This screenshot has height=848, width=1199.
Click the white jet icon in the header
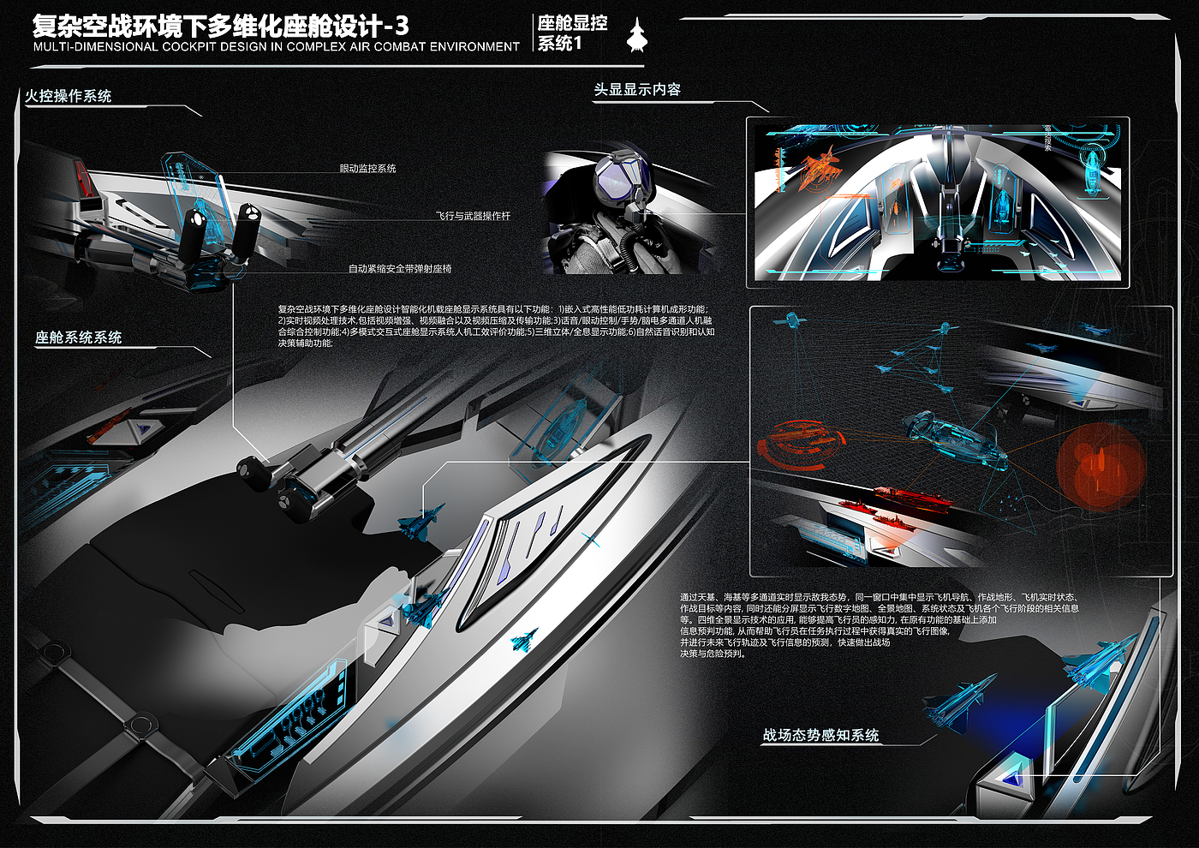tap(636, 35)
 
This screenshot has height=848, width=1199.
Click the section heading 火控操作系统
tap(69, 96)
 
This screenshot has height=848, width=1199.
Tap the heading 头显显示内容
tap(637, 89)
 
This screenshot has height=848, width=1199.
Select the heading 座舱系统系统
tap(78, 337)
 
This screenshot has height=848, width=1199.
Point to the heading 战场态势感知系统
tap(820, 735)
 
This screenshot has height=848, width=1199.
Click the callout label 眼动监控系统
tap(367, 169)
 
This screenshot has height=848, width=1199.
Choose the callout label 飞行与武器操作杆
tap(473, 216)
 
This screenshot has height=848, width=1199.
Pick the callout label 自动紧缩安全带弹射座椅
tap(400, 269)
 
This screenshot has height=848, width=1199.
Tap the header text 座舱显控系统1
tap(571, 33)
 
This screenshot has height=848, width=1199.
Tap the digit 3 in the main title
tap(402, 26)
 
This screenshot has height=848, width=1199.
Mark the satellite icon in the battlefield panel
tap(790, 321)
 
